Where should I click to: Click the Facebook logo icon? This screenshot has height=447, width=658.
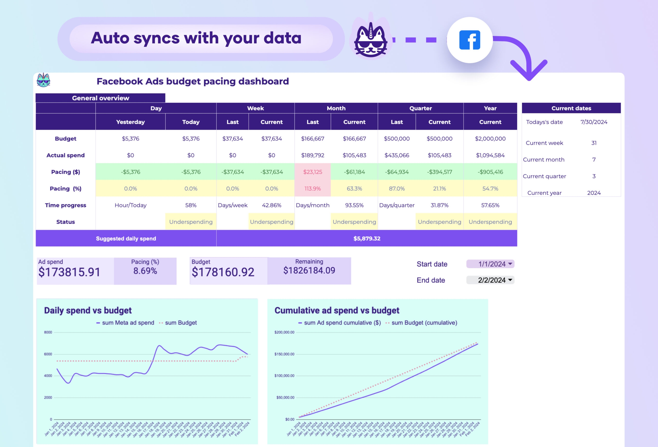(469, 40)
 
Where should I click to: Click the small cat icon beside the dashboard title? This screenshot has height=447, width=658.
(43, 80)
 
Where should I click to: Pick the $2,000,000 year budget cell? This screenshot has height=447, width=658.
(490, 139)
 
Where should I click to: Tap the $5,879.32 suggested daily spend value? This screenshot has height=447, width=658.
(367, 238)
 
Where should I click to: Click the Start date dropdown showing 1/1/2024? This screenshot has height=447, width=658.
(490, 264)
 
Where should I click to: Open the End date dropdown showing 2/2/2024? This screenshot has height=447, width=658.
(490, 280)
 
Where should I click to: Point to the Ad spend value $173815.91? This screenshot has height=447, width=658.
(69, 272)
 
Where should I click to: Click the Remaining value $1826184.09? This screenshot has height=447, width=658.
(309, 271)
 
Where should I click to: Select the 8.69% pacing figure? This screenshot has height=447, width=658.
(145, 271)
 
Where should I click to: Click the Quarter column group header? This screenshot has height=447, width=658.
(421, 108)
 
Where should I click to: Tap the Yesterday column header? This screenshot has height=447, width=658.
(130, 122)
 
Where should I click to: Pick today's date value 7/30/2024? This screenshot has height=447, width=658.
(594, 122)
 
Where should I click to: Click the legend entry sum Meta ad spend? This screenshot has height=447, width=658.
(128, 323)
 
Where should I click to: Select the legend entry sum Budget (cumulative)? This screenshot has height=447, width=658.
(424, 323)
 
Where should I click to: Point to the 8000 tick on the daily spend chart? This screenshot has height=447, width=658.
(48, 332)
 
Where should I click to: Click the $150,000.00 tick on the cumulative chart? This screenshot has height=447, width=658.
(284, 354)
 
